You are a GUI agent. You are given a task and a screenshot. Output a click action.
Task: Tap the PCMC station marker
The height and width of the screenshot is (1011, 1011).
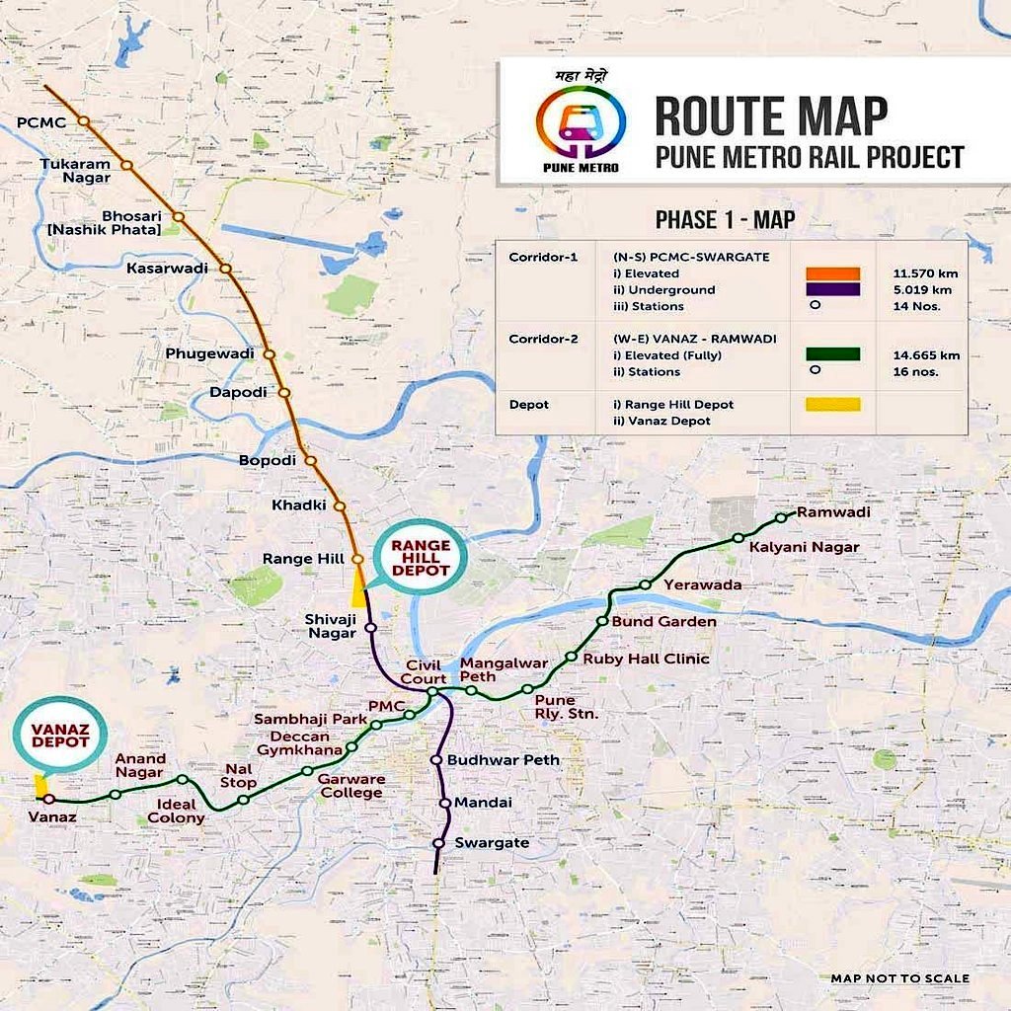click(84, 120)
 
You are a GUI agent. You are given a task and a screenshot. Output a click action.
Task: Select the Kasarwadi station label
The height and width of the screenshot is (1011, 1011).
click(172, 268)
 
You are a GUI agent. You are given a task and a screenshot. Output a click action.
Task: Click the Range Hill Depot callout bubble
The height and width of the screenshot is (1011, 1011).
click(419, 558)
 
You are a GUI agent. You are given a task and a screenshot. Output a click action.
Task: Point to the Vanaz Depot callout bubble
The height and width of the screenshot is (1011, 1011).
click(60, 736)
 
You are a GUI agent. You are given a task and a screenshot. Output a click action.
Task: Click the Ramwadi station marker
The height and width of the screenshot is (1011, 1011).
click(780, 517)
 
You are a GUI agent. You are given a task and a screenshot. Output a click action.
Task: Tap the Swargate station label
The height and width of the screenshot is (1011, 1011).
click(492, 843)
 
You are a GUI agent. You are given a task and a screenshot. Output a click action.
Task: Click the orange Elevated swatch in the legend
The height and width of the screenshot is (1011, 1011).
click(832, 273)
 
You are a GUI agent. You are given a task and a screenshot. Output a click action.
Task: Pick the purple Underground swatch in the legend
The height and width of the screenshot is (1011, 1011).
click(832, 289)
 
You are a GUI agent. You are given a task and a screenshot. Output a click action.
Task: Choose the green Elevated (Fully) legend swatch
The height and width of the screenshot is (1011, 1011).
click(832, 354)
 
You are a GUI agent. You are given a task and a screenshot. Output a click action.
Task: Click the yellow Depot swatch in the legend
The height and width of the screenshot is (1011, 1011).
click(832, 405)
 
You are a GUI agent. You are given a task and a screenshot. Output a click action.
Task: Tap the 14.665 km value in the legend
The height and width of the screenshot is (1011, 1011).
click(928, 354)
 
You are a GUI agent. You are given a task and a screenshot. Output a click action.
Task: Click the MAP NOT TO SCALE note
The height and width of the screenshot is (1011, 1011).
click(899, 978)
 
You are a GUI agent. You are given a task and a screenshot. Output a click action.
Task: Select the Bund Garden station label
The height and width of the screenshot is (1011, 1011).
click(663, 622)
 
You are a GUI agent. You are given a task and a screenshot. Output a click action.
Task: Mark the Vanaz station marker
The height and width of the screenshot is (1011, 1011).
click(49, 800)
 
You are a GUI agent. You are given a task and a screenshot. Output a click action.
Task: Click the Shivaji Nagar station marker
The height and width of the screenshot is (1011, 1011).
click(370, 627)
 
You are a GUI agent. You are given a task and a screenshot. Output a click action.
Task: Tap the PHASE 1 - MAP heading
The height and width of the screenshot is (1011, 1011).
click(725, 219)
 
